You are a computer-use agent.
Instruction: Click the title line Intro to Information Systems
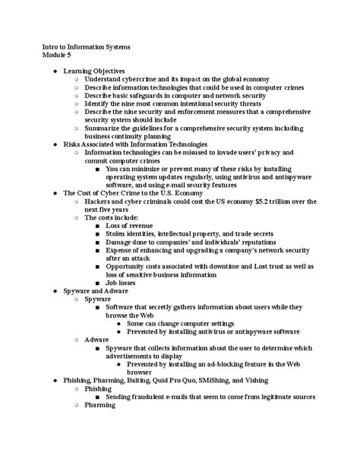click(86, 46)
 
